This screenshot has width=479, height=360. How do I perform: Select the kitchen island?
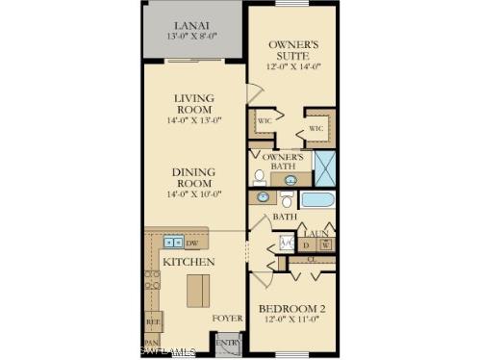(x=197, y=290)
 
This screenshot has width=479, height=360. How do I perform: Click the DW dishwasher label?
(x=191, y=244)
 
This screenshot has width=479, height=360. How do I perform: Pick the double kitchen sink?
(x=172, y=242)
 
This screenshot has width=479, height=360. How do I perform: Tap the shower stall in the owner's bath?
(x=324, y=168)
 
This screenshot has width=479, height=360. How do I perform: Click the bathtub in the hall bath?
(x=316, y=200)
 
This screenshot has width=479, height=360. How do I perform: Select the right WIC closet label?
(x=315, y=128)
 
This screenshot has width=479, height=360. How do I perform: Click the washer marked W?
(x=326, y=244)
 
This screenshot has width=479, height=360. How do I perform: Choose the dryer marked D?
(x=307, y=244)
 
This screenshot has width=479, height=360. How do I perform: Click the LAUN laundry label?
(x=316, y=231)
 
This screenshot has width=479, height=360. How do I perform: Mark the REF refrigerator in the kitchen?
(x=152, y=320)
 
